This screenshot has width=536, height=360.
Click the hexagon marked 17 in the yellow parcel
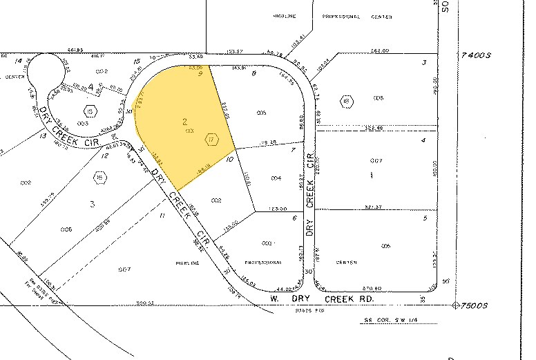click(212, 140)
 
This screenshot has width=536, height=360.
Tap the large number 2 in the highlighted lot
click(184, 122)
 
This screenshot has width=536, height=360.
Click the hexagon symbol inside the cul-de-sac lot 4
click(89, 110)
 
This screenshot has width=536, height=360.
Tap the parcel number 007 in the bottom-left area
click(125, 267)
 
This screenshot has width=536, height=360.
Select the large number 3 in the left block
click(93, 204)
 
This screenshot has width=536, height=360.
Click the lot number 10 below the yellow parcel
click(229, 159)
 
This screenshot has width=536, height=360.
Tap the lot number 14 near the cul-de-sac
click(19, 61)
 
